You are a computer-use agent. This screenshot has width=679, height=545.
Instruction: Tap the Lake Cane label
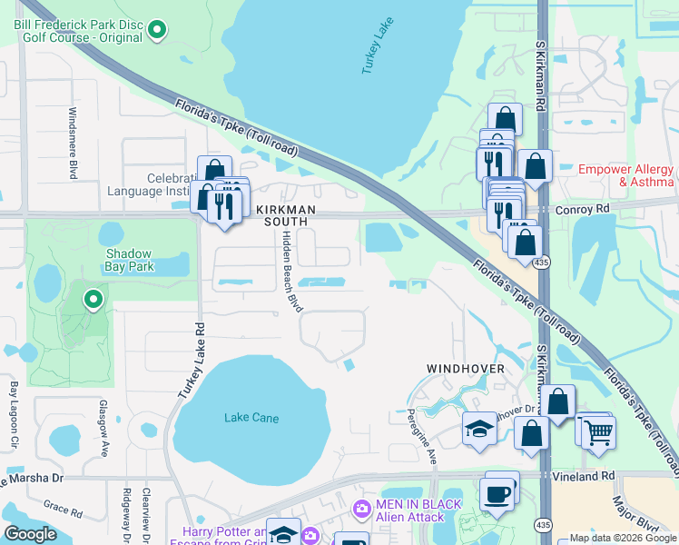point(251,418)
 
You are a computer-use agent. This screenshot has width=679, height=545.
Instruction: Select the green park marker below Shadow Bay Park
point(92,299)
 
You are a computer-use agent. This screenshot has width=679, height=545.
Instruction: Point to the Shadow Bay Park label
point(131,261)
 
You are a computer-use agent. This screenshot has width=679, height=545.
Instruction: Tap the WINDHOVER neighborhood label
point(467,369)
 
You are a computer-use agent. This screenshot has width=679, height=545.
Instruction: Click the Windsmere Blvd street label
point(72,143)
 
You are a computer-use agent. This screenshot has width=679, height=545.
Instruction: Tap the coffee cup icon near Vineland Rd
point(497,494)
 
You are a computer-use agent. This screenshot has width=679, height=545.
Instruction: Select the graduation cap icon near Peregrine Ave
point(479,430)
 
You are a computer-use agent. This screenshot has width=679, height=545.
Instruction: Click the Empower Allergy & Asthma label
point(626,176)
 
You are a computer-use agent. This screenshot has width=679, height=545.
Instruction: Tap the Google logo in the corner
point(30,534)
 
